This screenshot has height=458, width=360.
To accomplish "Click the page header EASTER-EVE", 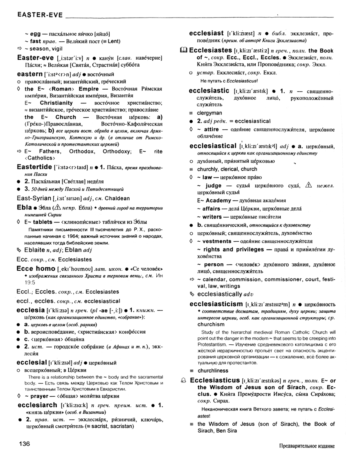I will pos(40,16).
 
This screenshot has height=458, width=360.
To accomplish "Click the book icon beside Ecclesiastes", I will pos(184,50).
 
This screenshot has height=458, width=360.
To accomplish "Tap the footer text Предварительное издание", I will pos(306,445).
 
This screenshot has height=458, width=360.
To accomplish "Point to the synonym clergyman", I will pos(209,113).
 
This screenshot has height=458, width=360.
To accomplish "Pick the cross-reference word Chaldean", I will pos(116,198).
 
